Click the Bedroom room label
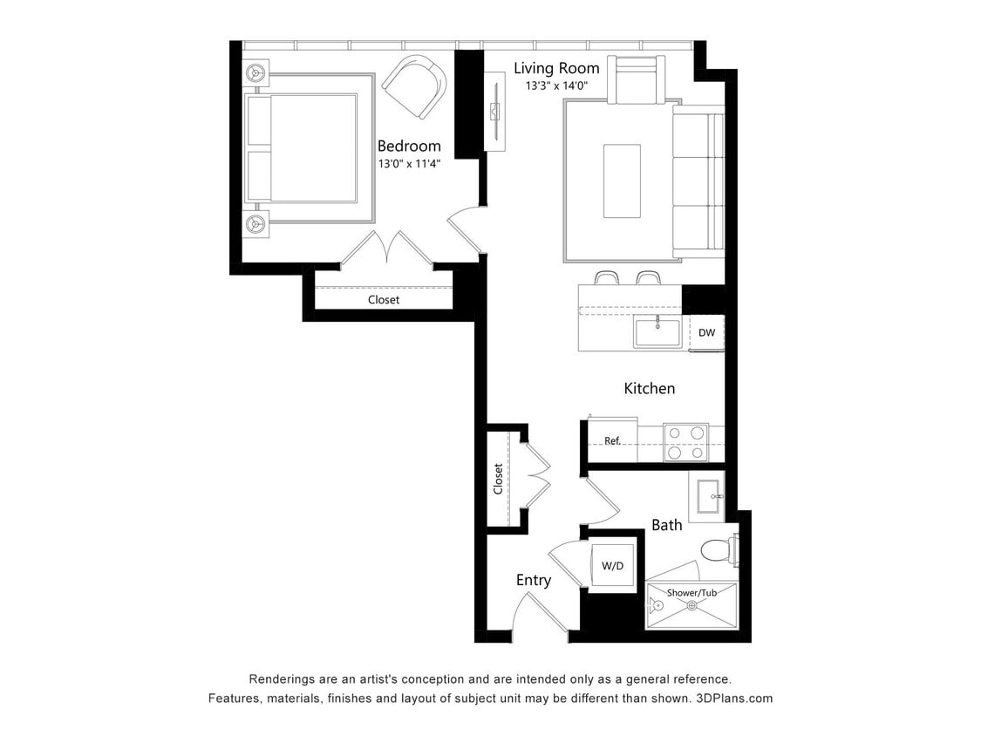pos(409,146)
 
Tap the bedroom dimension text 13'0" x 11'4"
pos(409,163)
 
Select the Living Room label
pos(556,68)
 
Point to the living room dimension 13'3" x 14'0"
pos(556,86)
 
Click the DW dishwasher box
pos(706,332)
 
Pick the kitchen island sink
pos(657,333)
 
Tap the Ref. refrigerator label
pos(612,440)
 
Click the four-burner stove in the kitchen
pos(685,442)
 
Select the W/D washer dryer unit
pos(613,566)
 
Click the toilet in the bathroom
pos(718,550)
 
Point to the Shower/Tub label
pos(692,593)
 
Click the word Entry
pos(533,580)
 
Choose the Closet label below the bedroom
pos(383,299)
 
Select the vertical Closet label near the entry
pos(499,479)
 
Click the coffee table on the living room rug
pos(622,181)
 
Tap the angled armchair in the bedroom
pos(413,86)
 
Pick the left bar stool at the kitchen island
pos(606,278)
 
